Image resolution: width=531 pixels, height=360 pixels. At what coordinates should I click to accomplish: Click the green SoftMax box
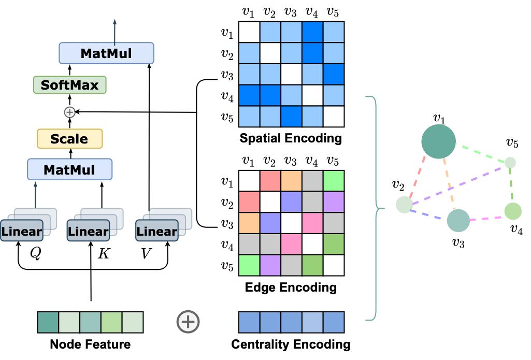[69, 84]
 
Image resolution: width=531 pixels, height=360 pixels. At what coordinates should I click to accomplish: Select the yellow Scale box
[69, 139]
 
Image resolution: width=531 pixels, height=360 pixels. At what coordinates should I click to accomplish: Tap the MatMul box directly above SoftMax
[106, 53]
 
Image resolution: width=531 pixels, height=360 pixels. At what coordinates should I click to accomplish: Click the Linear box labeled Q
[21, 231]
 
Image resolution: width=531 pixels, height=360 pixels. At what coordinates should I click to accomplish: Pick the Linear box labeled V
[156, 231]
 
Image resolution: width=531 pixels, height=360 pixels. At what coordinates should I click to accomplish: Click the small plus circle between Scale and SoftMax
[69, 112]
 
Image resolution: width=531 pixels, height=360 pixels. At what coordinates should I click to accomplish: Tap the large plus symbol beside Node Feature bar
[188, 322]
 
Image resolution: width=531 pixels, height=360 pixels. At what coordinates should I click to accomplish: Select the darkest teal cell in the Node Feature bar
[48, 322]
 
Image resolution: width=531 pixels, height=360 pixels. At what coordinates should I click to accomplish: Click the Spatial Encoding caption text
[291, 139]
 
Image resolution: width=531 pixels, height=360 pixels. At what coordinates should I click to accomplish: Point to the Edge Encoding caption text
[291, 287]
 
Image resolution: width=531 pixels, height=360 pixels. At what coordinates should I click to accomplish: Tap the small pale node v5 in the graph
[510, 163]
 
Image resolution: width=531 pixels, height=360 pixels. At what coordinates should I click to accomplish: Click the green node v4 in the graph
[512, 211]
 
